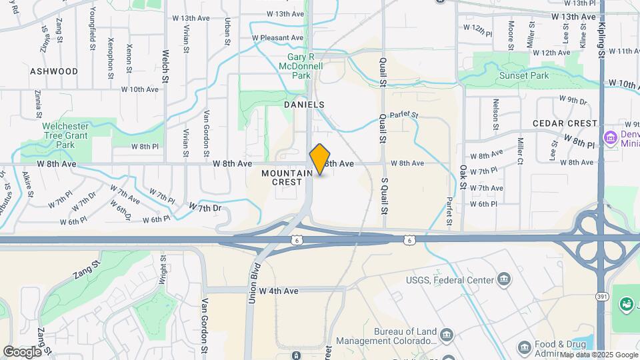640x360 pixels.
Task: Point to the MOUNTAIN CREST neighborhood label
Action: point(287,177)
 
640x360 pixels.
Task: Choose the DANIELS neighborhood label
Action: point(304,105)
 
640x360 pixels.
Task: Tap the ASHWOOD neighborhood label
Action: point(54,71)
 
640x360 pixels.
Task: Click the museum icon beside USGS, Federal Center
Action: point(504,279)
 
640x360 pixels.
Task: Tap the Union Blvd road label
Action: point(253,286)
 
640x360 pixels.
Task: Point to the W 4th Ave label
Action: point(279,291)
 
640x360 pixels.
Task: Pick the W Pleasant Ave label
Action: point(277,38)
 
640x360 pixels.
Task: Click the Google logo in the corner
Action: point(22,351)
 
